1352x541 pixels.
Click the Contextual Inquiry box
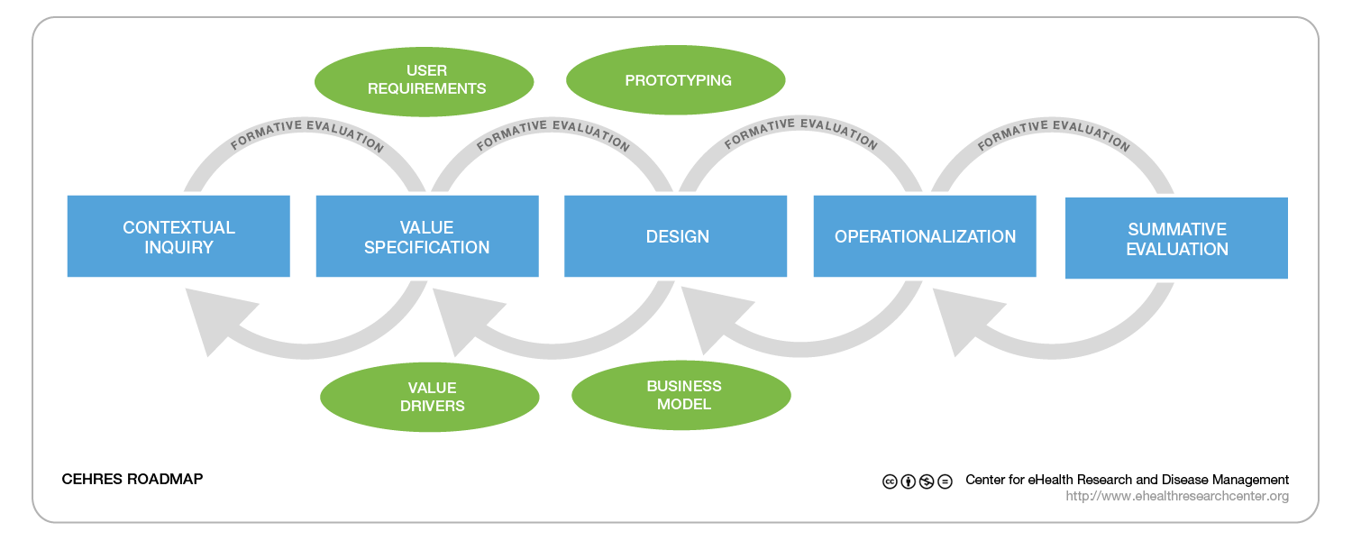pos(178,236)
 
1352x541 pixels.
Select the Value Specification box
pos(427,236)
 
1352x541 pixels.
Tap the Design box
pos(676,236)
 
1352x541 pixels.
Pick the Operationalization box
pos(925,236)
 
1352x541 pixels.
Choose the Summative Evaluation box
pos(1176,238)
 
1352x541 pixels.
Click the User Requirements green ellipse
pos(424,80)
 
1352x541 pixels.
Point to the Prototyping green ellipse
pos(676,80)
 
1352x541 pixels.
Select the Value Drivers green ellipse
pos(430,398)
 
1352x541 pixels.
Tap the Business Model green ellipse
pos(681,395)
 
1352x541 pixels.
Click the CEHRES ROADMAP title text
pos(132,480)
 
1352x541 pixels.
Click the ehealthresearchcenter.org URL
pos(1177,496)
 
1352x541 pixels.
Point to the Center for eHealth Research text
pos(1127,480)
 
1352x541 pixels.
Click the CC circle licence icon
pos(889,481)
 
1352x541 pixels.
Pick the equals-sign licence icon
pos(945,481)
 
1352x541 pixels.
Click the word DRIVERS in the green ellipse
pos(430,407)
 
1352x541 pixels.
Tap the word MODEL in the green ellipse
pos(684,404)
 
